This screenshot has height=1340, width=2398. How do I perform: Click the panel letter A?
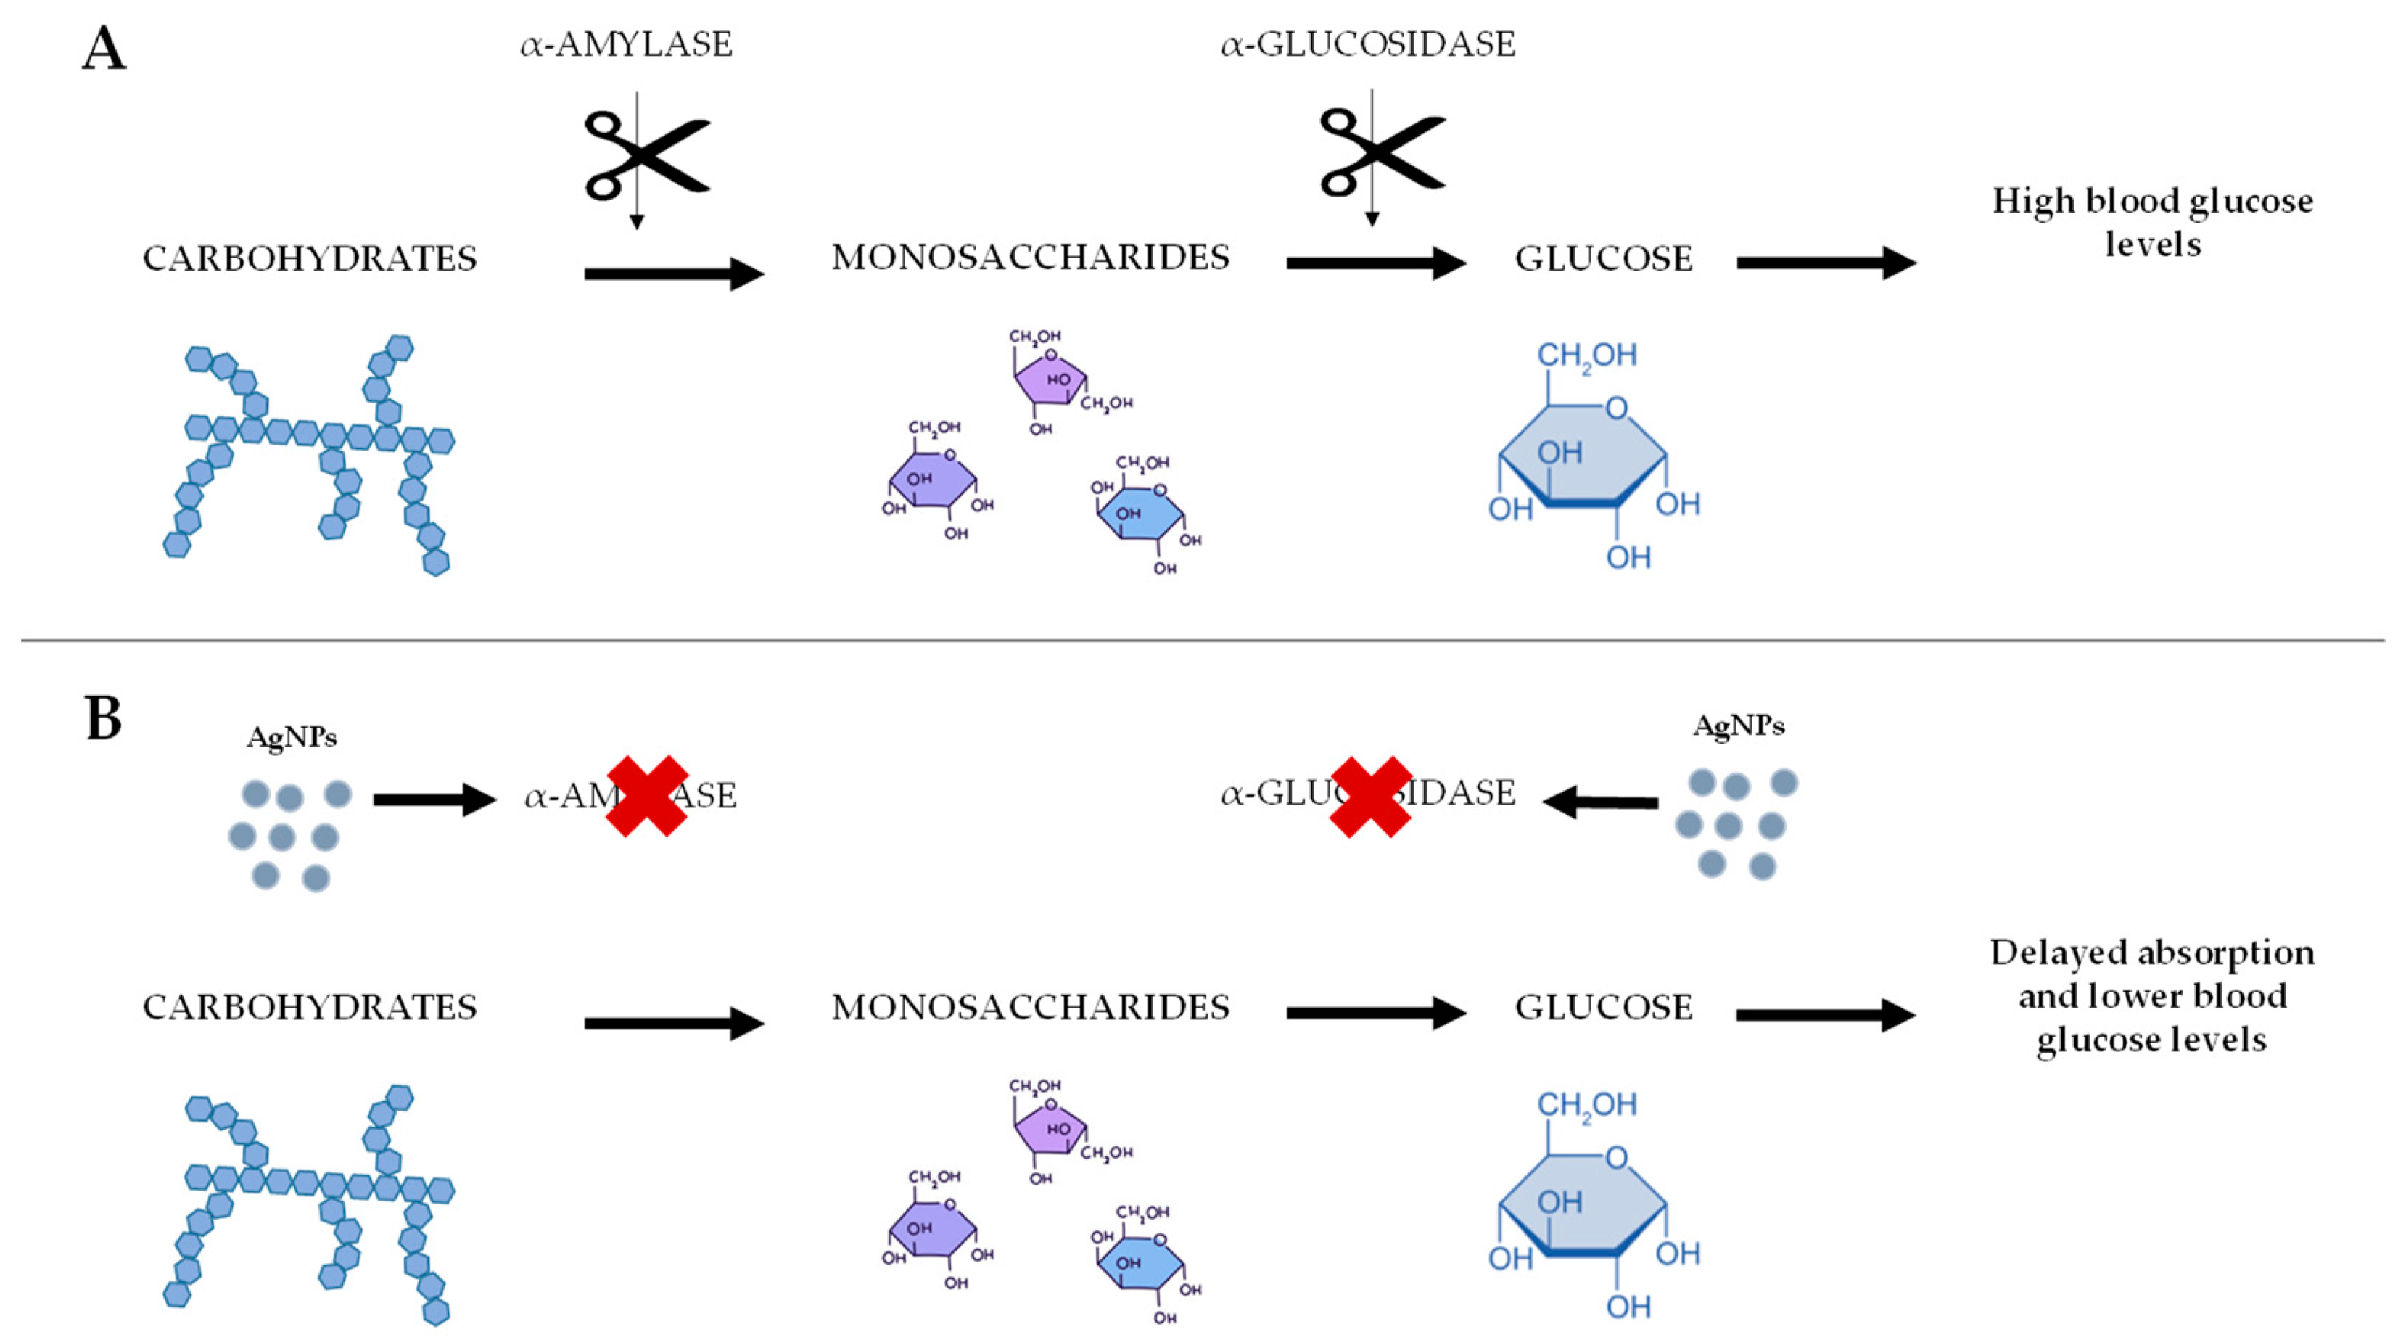(103, 49)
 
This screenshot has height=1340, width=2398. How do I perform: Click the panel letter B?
(103, 719)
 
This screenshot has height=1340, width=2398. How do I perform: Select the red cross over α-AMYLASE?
(647, 795)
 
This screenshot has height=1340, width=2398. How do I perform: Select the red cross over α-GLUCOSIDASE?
(1370, 796)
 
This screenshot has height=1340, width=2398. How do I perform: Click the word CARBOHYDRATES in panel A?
(309, 259)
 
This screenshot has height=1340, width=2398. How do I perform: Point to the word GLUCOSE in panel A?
(1603, 259)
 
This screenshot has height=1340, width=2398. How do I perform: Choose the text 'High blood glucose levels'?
(2152, 221)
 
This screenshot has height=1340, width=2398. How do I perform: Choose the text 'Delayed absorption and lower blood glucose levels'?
(2152, 995)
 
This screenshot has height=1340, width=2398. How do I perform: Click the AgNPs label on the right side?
(1738, 726)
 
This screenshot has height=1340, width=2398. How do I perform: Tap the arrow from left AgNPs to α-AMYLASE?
(434, 799)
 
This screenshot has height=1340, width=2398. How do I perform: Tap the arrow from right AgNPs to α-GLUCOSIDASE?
(1600, 801)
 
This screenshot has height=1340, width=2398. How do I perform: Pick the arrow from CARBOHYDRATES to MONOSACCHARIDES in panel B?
(674, 1022)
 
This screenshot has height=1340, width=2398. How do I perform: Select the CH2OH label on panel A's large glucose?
(1586, 355)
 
